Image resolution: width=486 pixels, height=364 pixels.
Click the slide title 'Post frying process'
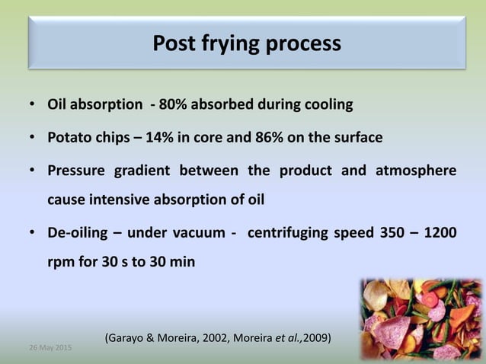click(x=247, y=43)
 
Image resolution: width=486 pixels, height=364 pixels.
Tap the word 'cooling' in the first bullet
click(x=327, y=104)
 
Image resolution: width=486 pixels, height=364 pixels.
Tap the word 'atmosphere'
click(x=416, y=171)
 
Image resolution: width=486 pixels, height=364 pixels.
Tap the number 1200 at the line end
click(x=441, y=232)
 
